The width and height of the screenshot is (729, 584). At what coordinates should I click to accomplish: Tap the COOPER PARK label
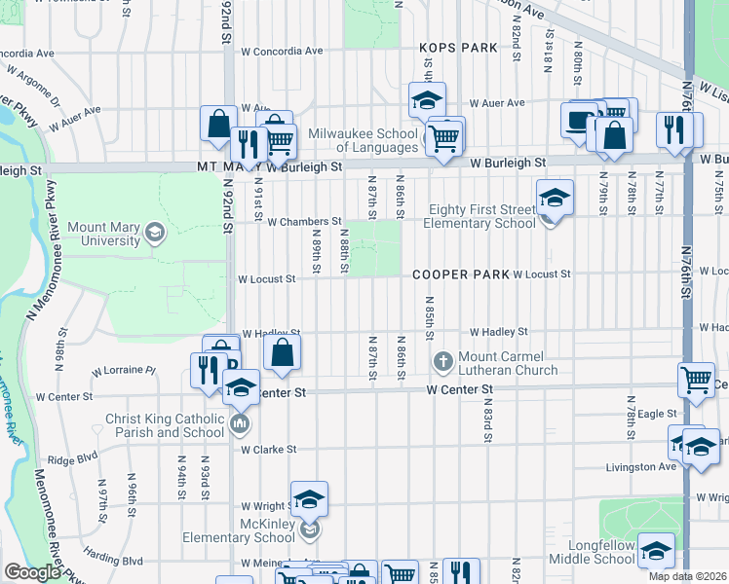pyautogui.click(x=461, y=274)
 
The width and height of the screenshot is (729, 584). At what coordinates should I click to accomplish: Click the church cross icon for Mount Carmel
pyautogui.click(x=443, y=362)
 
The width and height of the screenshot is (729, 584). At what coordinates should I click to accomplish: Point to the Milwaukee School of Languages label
pyautogui.click(x=364, y=140)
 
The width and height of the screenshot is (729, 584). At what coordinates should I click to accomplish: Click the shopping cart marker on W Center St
pyautogui.click(x=696, y=379)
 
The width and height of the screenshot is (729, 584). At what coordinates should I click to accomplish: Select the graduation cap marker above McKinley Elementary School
pyautogui.click(x=309, y=499)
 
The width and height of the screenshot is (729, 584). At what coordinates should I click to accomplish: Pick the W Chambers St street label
pyautogui.click(x=304, y=222)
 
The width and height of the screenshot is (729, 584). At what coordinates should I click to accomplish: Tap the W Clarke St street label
pyautogui.click(x=268, y=450)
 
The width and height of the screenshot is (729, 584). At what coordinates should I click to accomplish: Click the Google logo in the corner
pyautogui.click(x=32, y=572)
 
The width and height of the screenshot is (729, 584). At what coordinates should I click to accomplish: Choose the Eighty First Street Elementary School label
pyautogui.click(x=482, y=216)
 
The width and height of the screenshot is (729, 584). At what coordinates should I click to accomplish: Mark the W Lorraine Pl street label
pyautogui.click(x=124, y=371)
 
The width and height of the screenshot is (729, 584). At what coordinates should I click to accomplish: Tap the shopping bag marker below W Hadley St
pyautogui.click(x=281, y=354)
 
